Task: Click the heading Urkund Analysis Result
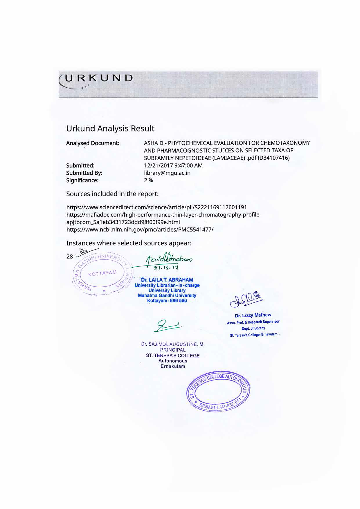tap(110, 129)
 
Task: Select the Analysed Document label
tap(93, 143)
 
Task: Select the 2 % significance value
tap(148, 181)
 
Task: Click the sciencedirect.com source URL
tap(156, 207)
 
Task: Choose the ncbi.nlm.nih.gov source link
tap(140, 229)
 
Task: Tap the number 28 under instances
tap(70, 257)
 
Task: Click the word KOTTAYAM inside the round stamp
tap(102, 273)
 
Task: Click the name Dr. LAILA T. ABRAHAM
tap(167, 280)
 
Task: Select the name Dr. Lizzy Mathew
tap(253, 315)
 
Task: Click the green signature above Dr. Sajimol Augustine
tap(168, 326)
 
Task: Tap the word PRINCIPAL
tap(173, 350)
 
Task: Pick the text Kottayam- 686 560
tap(167, 301)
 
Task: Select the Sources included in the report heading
tap(112, 194)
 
